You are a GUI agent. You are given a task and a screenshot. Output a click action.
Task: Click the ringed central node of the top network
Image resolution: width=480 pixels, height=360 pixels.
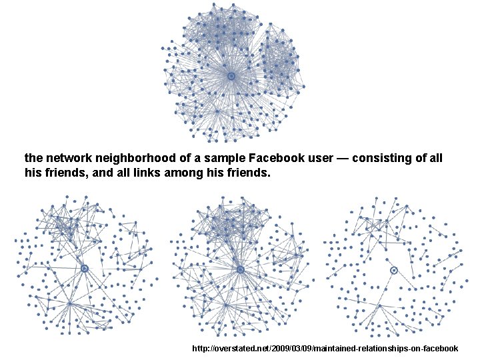pos(231,77)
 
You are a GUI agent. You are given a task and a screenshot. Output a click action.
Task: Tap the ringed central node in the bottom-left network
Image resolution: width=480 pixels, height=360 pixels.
pos(85,269)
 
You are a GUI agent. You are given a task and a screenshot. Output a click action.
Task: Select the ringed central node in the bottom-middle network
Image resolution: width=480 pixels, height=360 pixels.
pos(241,269)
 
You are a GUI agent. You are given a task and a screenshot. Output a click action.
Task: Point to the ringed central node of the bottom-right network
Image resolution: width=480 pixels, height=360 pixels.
pos(394,270)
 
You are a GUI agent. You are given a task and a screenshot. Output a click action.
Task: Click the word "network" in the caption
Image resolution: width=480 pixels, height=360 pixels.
pos(65,159)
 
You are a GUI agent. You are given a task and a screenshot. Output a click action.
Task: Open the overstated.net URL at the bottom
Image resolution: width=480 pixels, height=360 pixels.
pos(325,349)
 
